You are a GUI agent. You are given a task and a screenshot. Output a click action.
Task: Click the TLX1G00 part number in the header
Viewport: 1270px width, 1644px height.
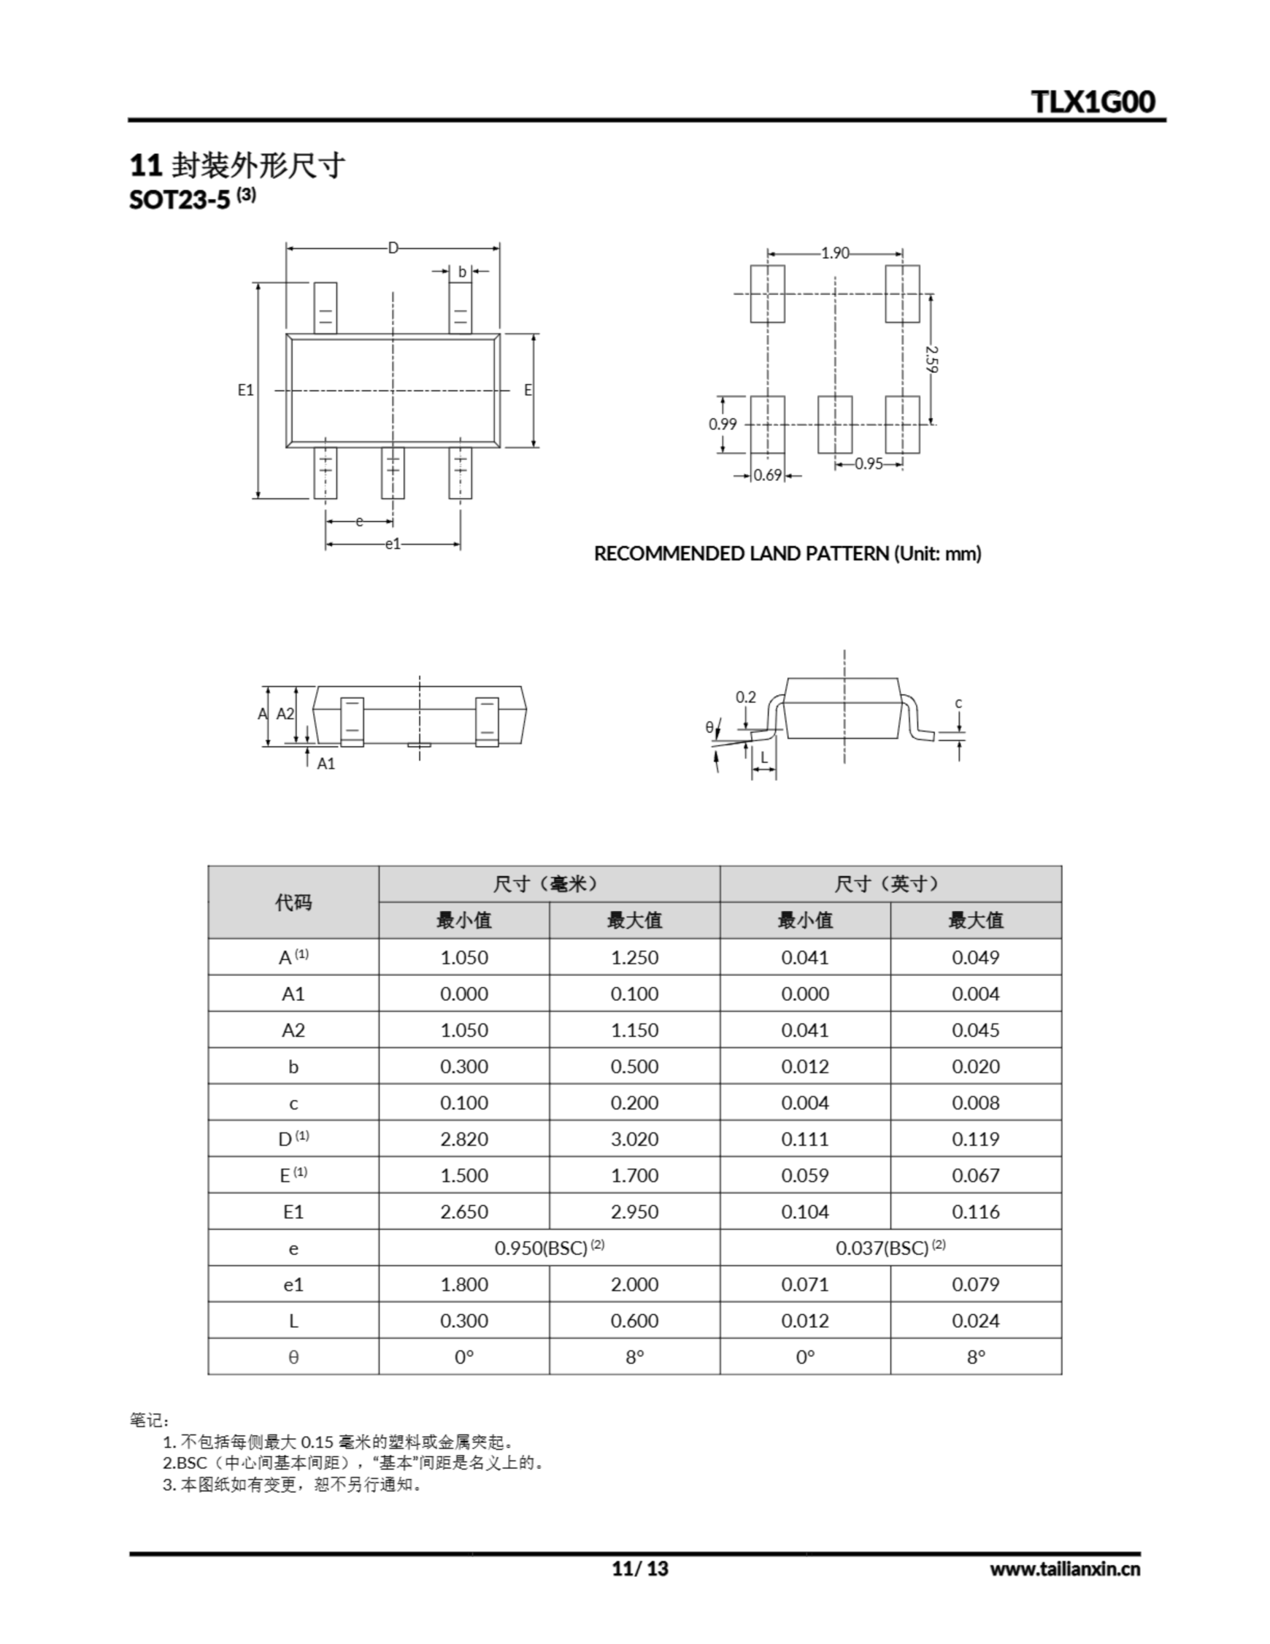click(1093, 101)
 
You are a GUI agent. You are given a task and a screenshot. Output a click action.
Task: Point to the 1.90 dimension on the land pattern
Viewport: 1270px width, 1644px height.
click(834, 253)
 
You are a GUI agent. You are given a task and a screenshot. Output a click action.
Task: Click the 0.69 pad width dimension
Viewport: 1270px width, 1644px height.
click(767, 476)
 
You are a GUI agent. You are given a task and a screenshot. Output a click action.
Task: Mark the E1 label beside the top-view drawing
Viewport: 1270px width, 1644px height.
click(245, 390)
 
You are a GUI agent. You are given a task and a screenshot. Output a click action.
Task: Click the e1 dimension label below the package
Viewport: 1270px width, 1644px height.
click(393, 543)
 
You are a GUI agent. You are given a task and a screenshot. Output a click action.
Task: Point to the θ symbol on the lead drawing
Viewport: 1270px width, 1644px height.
click(709, 727)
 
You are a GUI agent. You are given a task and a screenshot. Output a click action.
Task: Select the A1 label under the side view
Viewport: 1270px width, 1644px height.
click(326, 764)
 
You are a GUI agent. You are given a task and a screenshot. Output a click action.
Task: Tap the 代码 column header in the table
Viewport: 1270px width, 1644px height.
click(293, 902)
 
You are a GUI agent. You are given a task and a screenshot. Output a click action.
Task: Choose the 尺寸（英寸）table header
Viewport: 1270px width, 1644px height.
click(890, 884)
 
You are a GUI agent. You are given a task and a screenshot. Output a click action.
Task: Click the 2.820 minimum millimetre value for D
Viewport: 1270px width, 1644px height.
click(464, 1139)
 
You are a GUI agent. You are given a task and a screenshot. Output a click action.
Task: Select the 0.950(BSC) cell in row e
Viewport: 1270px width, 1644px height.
click(549, 1248)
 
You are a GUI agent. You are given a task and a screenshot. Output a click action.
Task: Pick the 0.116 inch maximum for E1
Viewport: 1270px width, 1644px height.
click(976, 1212)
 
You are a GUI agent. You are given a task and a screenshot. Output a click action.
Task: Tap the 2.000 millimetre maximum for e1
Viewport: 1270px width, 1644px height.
click(634, 1284)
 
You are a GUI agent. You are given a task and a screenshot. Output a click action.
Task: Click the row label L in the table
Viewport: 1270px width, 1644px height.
click(293, 1321)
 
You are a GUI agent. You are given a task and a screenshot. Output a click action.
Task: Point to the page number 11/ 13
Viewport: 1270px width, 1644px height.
click(640, 1568)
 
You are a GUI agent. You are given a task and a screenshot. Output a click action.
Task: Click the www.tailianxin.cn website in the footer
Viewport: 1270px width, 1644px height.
click(1065, 1569)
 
